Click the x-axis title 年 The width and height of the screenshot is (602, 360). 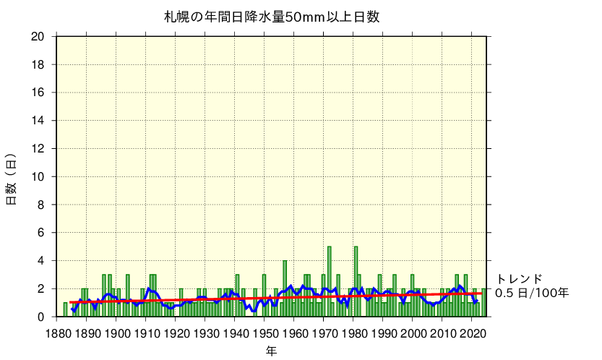tap(270, 351)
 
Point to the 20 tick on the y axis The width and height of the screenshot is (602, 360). tap(40, 37)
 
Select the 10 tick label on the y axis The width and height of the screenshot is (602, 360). tap(40, 176)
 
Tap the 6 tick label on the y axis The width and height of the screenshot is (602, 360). tap(43, 233)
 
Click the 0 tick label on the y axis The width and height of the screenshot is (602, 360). tap(43, 317)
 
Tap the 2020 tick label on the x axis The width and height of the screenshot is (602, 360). tap(473, 333)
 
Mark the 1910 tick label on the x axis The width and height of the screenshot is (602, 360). tap(147, 333)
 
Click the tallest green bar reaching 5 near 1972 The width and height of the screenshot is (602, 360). tap(330, 282)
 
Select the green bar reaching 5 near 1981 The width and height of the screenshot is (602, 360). tap(356, 282)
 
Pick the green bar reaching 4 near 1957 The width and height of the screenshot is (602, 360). tap(285, 289)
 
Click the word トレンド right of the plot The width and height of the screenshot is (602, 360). tap(519, 279)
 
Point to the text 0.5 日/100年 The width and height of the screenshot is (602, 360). tap(532, 293)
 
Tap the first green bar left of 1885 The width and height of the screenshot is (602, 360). tap(65, 309)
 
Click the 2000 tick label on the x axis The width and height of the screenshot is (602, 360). tap(413, 333)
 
